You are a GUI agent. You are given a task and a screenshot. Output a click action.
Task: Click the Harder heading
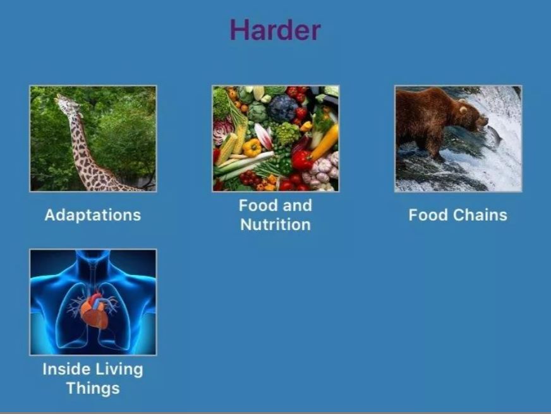[x=275, y=30]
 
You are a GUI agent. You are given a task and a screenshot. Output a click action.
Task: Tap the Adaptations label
[x=93, y=215]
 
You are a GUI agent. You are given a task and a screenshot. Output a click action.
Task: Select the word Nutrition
[x=275, y=224]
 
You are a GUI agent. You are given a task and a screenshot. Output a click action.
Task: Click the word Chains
[x=480, y=215]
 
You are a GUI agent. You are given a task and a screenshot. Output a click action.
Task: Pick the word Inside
[x=65, y=369]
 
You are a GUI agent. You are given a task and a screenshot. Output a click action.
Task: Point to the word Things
[x=93, y=388]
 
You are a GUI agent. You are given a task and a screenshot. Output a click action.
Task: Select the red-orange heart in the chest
[x=94, y=311]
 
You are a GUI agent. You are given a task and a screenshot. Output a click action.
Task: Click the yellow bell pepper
[x=252, y=147]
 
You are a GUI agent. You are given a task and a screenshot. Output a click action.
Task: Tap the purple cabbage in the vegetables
[x=282, y=108]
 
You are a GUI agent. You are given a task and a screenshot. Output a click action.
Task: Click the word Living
[x=120, y=370]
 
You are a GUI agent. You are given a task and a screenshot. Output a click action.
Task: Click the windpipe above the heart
[x=93, y=277]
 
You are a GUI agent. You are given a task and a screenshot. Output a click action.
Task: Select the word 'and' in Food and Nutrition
[x=297, y=205]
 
